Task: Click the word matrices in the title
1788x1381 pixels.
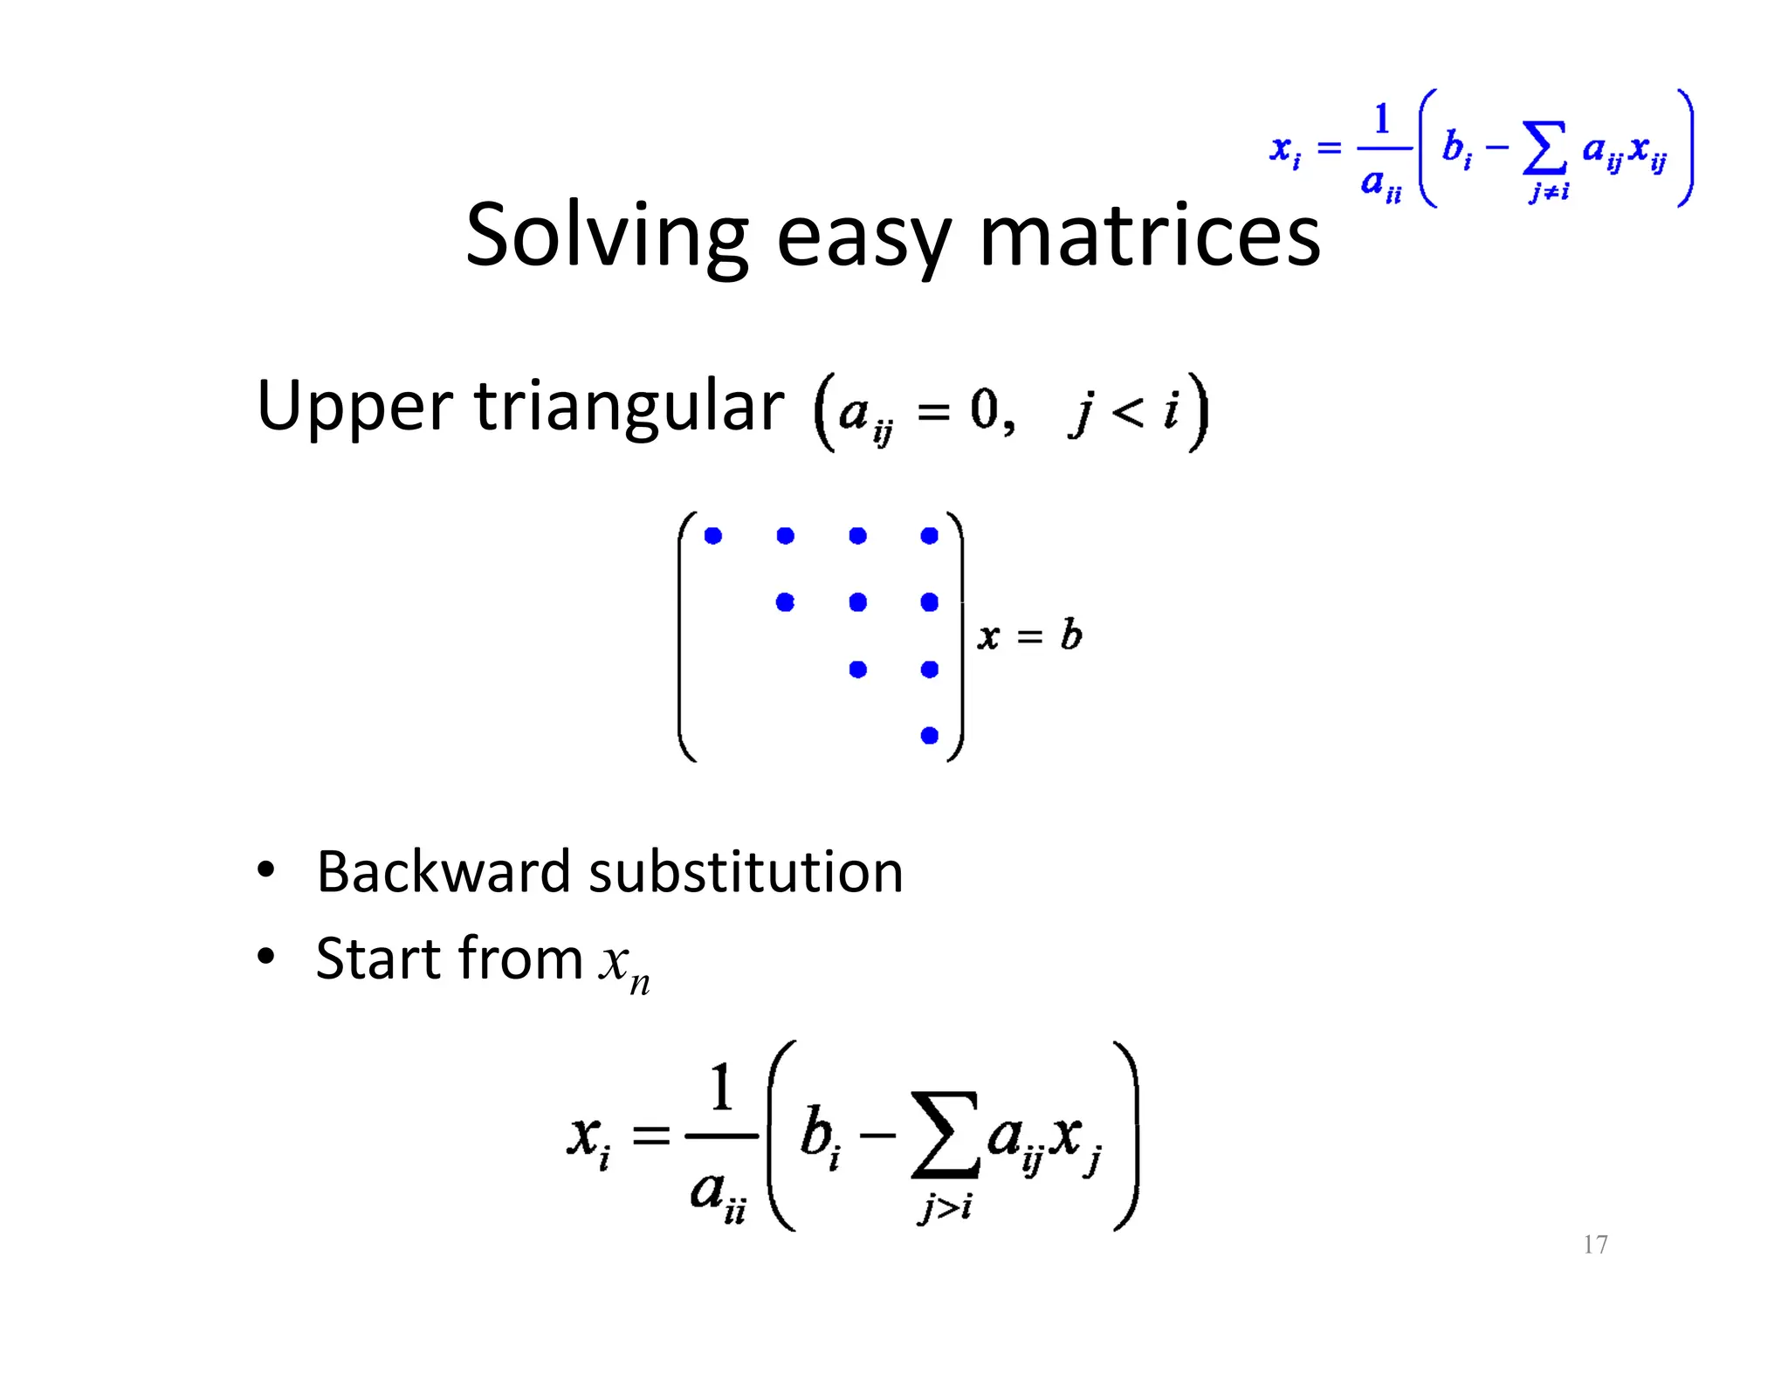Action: point(1150,236)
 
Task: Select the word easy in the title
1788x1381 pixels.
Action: point(863,240)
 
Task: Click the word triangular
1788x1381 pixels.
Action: point(629,408)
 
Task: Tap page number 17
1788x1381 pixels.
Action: point(1595,1244)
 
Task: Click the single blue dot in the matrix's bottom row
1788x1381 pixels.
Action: point(929,736)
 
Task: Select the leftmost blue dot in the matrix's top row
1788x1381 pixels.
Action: point(713,536)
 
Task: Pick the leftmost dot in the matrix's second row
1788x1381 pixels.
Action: point(785,602)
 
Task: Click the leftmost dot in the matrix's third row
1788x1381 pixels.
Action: point(857,670)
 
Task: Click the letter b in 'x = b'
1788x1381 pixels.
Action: point(1071,635)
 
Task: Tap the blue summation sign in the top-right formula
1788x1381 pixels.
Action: point(1544,149)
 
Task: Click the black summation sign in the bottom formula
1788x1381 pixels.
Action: point(946,1135)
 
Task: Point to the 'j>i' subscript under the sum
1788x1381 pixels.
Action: point(946,1208)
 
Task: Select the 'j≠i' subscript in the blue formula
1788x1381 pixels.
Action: point(1548,191)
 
